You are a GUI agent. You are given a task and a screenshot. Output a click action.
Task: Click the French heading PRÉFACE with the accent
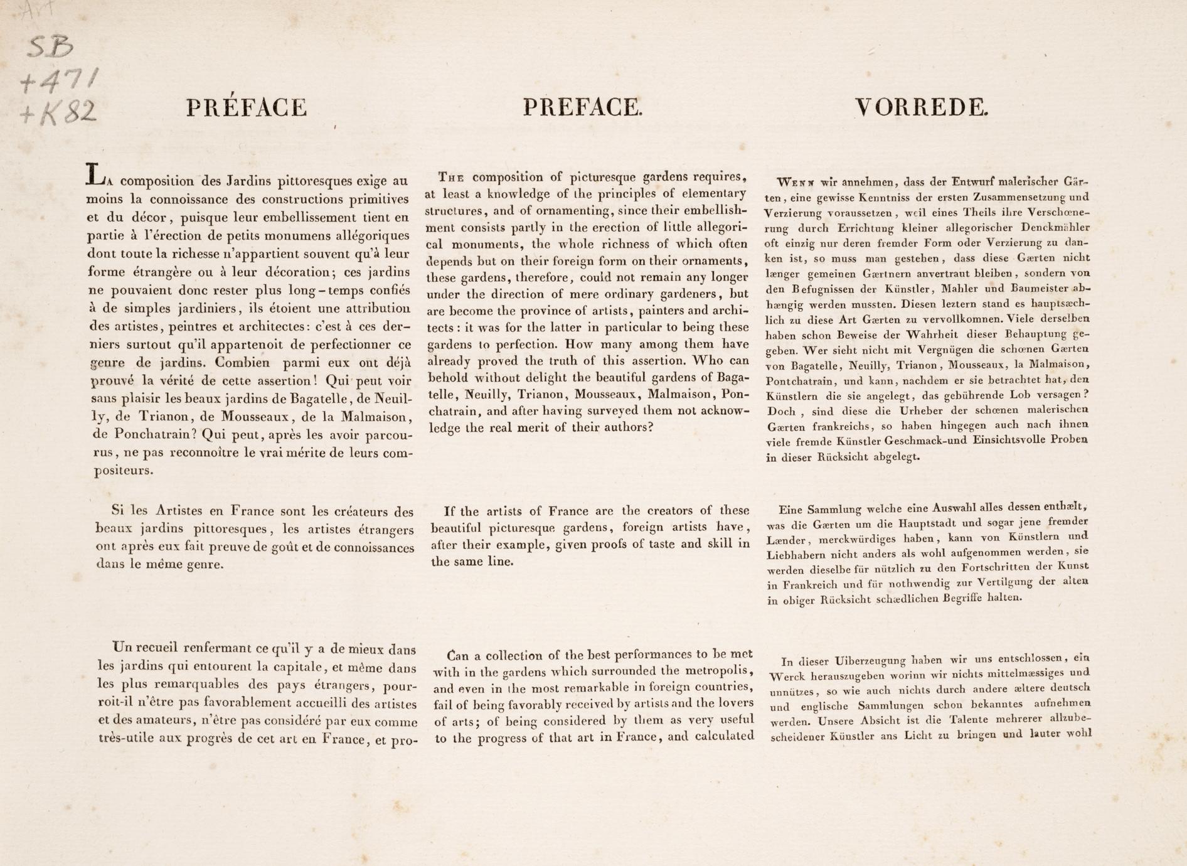247,107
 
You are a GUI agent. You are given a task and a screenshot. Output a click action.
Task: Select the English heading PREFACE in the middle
583,107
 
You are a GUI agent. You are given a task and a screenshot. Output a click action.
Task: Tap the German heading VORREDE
921,107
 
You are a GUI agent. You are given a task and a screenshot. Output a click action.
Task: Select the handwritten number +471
59,80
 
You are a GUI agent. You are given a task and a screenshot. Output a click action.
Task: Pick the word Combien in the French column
242,362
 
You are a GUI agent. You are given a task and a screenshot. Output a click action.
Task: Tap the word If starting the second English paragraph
449,511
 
